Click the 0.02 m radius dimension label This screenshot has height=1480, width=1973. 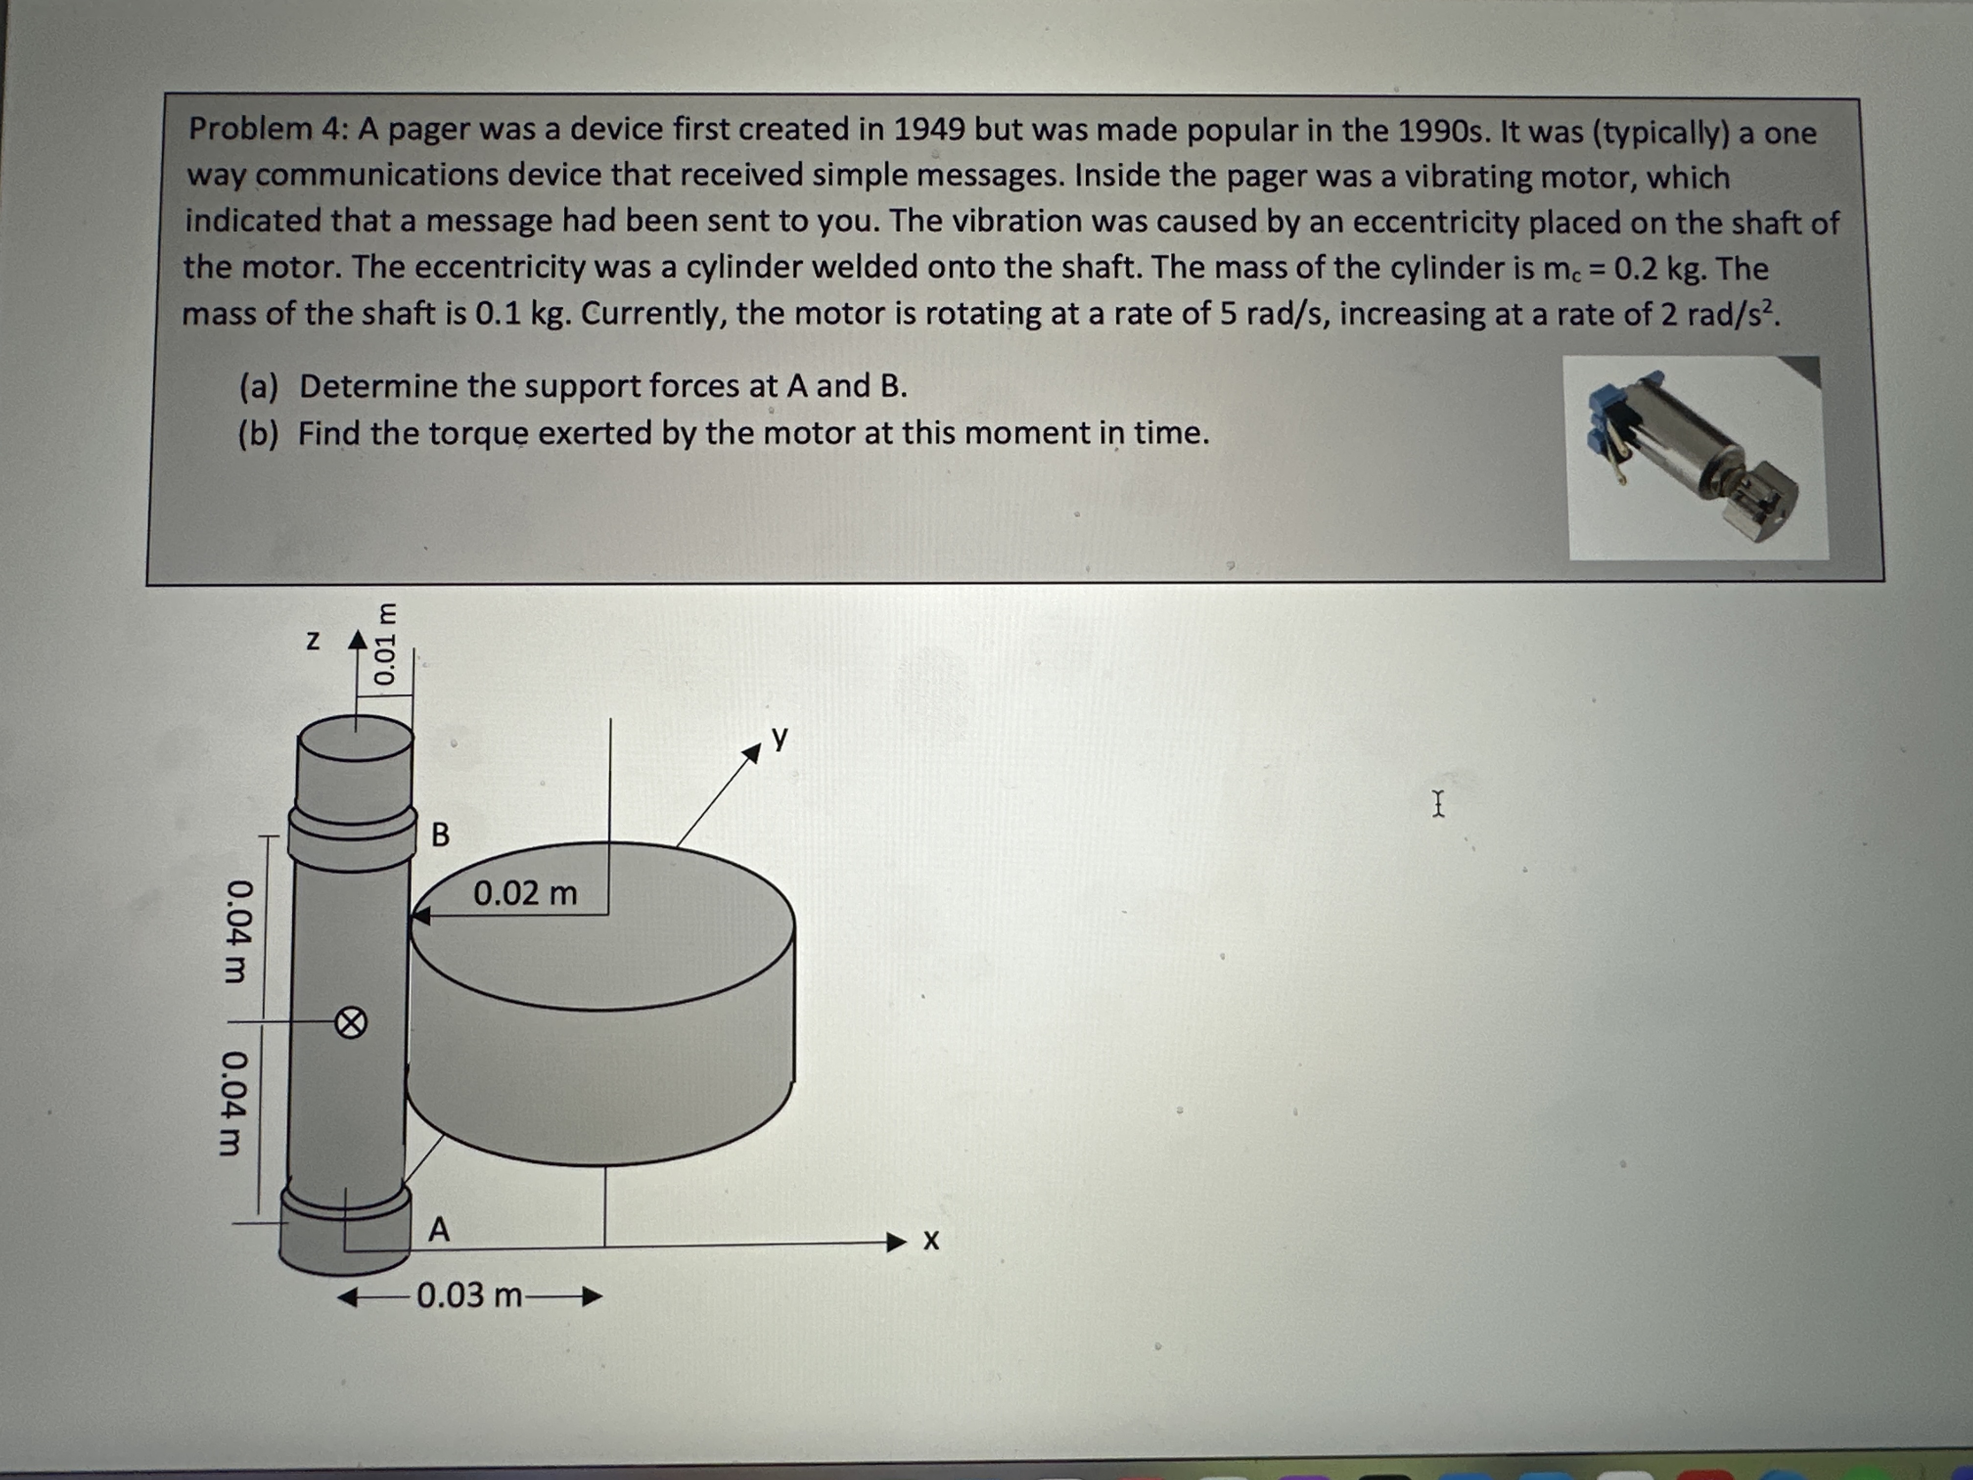point(526,893)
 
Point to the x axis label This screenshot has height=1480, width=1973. point(931,1241)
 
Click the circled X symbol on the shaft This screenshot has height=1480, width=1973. point(350,1023)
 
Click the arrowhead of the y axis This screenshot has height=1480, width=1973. point(752,754)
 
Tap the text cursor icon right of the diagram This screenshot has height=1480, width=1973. point(1438,804)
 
